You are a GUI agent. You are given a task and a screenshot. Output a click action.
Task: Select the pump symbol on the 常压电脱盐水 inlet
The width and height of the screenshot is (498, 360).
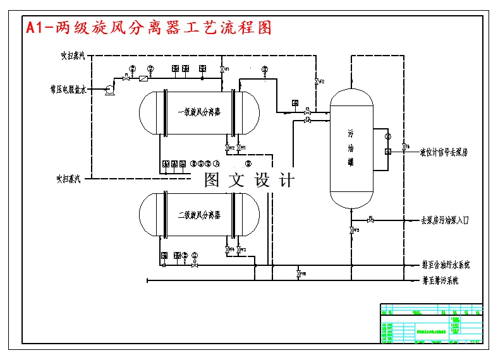(x=109, y=90)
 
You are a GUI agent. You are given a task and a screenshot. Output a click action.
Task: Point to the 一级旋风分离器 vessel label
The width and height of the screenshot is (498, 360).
(x=198, y=112)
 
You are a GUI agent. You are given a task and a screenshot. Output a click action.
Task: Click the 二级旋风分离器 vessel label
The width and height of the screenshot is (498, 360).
(x=198, y=215)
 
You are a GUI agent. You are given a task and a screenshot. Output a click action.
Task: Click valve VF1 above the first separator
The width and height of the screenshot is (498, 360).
(x=222, y=69)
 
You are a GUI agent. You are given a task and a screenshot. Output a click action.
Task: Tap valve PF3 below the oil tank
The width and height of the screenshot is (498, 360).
(x=351, y=231)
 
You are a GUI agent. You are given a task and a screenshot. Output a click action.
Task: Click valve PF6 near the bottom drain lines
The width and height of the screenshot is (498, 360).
(x=298, y=274)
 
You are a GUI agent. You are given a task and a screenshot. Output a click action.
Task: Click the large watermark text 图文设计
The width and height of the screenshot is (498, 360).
(x=249, y=180)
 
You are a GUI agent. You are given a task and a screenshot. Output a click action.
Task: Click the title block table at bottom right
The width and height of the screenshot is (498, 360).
(x=432, y=323)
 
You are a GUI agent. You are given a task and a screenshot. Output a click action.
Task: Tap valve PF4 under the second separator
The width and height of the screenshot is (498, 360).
(x=227, y=249)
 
